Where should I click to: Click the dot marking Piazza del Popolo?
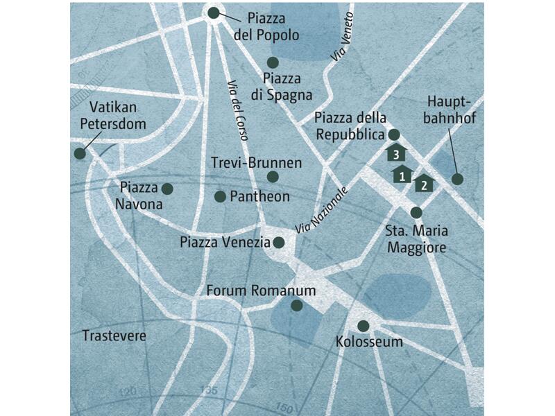click(x=214, y=12)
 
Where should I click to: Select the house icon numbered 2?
click(x=423, y=184)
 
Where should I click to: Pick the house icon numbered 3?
click(x=395, y=152)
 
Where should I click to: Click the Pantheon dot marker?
click(x=220, y=197)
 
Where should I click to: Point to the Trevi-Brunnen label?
click(x=256, y=162)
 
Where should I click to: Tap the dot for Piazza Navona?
click(x=167, y=189)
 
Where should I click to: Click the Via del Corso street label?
click(x=237, y=110)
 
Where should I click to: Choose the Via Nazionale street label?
click(x=320, y=210)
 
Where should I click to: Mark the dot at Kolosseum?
click(x=363, y=326)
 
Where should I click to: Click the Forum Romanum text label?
click(x=261, y=291)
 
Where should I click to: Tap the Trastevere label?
click(x=114, y=336)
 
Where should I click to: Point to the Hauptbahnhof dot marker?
click(x=457, y=180)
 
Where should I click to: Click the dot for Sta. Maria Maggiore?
click(x=416, y=212)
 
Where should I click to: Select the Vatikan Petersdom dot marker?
click(x=80, y=155)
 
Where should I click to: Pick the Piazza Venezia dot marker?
click(x=278, y=243)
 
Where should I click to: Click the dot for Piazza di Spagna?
click(x=273, y=62)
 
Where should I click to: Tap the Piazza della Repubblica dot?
click(x=393, y=135)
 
